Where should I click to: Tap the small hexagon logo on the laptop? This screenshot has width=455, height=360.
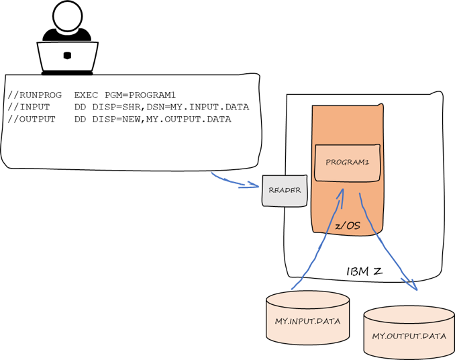[67, 56]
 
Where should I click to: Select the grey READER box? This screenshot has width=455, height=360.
[285, 191]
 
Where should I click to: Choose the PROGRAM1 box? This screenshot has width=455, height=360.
[347, 163]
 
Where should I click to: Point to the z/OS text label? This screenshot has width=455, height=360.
[348, 226]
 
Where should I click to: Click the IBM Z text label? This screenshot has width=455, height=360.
[364, 271]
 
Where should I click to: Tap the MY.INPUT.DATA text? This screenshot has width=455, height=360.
[307, 321]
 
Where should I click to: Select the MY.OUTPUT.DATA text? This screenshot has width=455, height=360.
[409, 336]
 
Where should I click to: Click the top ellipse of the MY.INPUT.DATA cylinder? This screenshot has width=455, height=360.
[307, 300]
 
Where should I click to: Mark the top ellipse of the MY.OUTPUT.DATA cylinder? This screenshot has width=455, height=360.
[409, 314]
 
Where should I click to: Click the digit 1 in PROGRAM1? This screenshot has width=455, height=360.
[368, 163]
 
